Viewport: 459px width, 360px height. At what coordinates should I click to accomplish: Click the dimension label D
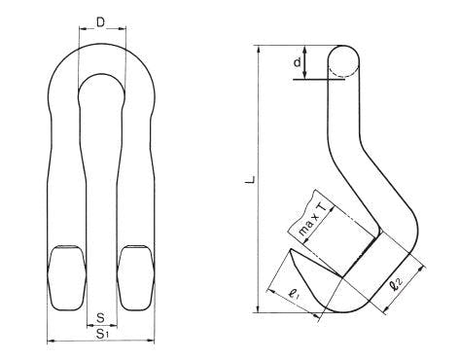pos(101,22)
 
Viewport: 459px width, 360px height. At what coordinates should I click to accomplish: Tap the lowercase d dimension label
pos(298,61)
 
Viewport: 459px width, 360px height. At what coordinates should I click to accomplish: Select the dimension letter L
pos(250,180)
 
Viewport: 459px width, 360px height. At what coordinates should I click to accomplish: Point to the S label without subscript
pos(101,318)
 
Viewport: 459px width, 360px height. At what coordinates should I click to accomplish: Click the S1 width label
pos(102,334)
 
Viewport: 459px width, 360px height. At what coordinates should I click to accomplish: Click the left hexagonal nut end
pos(67,278)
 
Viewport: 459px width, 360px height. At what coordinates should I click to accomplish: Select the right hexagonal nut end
pos(136,278)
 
